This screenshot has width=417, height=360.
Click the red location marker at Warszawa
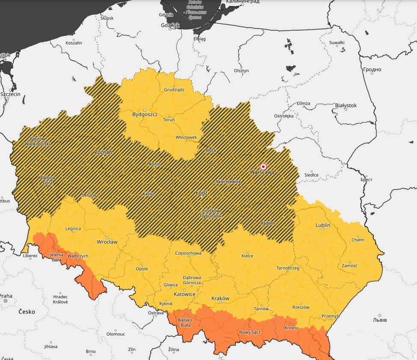coord(263,167)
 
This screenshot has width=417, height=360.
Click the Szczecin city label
coord(10,94)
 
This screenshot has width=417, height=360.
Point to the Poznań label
coord(103,152)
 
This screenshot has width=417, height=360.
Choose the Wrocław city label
coord(107,242)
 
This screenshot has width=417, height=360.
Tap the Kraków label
coord(220,298)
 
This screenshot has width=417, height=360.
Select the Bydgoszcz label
coord(145,114)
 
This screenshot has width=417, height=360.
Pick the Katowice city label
coord(185,294)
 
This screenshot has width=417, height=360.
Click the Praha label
coord(6,296)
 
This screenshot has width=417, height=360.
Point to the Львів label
coord(380,320)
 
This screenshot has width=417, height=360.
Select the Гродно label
coord(372,69)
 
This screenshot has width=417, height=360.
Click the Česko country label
coord(27,312)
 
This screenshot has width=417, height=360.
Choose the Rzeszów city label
coord(301,307)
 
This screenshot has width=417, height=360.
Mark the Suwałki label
coord(337,42)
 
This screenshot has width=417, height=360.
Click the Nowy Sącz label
coord(250,333)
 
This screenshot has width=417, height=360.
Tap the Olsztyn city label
coord(241,71)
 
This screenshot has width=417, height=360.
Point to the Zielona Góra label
coord(48,180)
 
